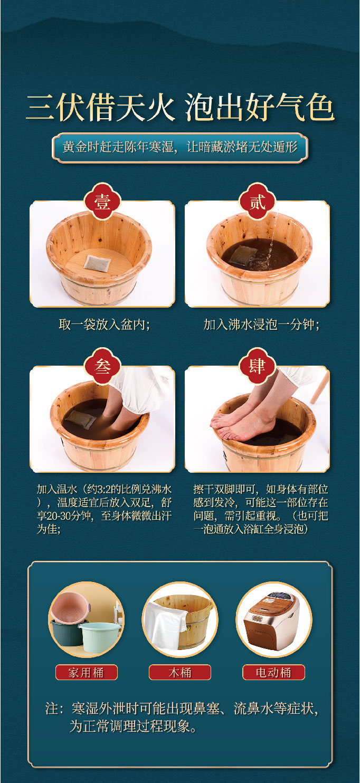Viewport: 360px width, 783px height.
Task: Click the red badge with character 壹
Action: (102, 201)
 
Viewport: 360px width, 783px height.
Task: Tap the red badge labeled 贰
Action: (257, 201)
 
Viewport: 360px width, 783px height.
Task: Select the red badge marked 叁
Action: (102, 367)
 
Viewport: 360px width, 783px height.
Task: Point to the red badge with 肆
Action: (257, 367)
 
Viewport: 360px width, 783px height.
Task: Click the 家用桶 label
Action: (86, 672)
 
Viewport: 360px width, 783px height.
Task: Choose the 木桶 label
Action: (179, 672)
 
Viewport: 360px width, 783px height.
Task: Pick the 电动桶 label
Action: (273, 672)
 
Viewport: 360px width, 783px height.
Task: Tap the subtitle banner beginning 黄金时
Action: (179, 147)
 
